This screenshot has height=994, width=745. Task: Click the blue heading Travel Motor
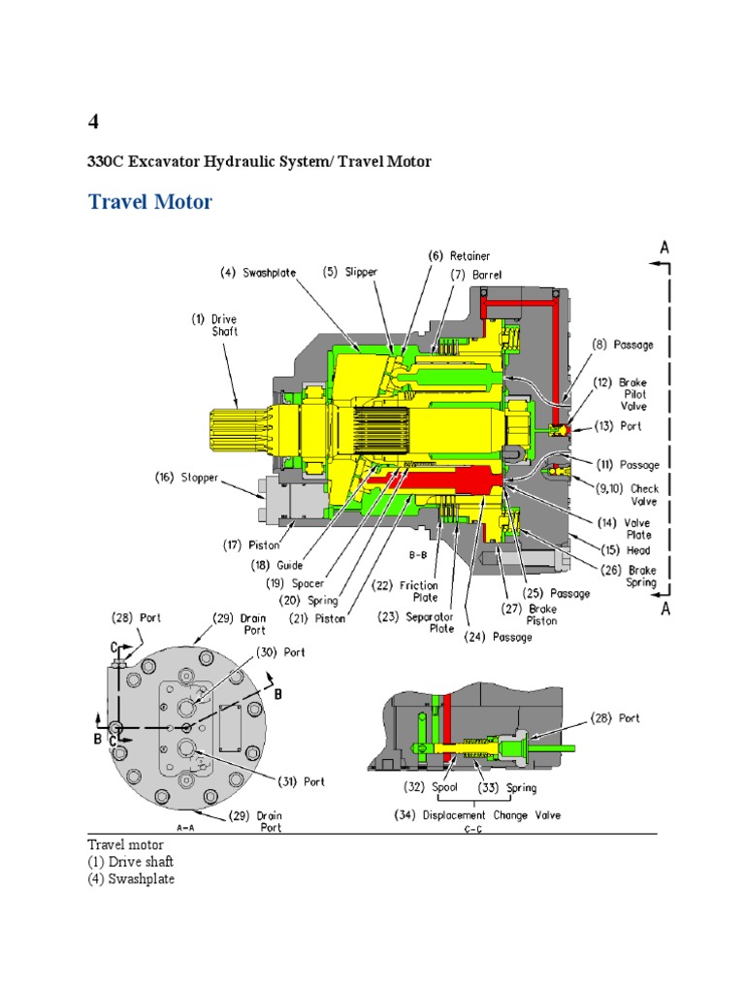point(150,202)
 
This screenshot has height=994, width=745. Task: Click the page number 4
point(93,121)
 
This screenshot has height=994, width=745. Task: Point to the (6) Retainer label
point(459,255)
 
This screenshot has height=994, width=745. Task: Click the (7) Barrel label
point(477,275)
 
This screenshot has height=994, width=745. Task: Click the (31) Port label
point(300,780)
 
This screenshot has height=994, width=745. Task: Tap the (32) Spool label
point(424,787)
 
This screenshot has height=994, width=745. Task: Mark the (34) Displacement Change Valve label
point(480,814)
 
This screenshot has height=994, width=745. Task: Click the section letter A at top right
point(664,248)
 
